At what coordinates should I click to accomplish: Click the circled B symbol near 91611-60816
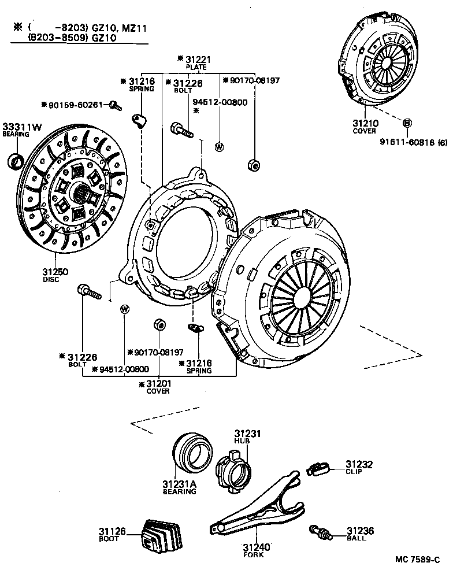[407, 123]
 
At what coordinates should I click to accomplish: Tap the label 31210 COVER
[365, 127]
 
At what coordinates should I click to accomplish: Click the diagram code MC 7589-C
[418, 559]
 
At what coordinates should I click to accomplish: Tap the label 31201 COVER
[157, 387]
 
